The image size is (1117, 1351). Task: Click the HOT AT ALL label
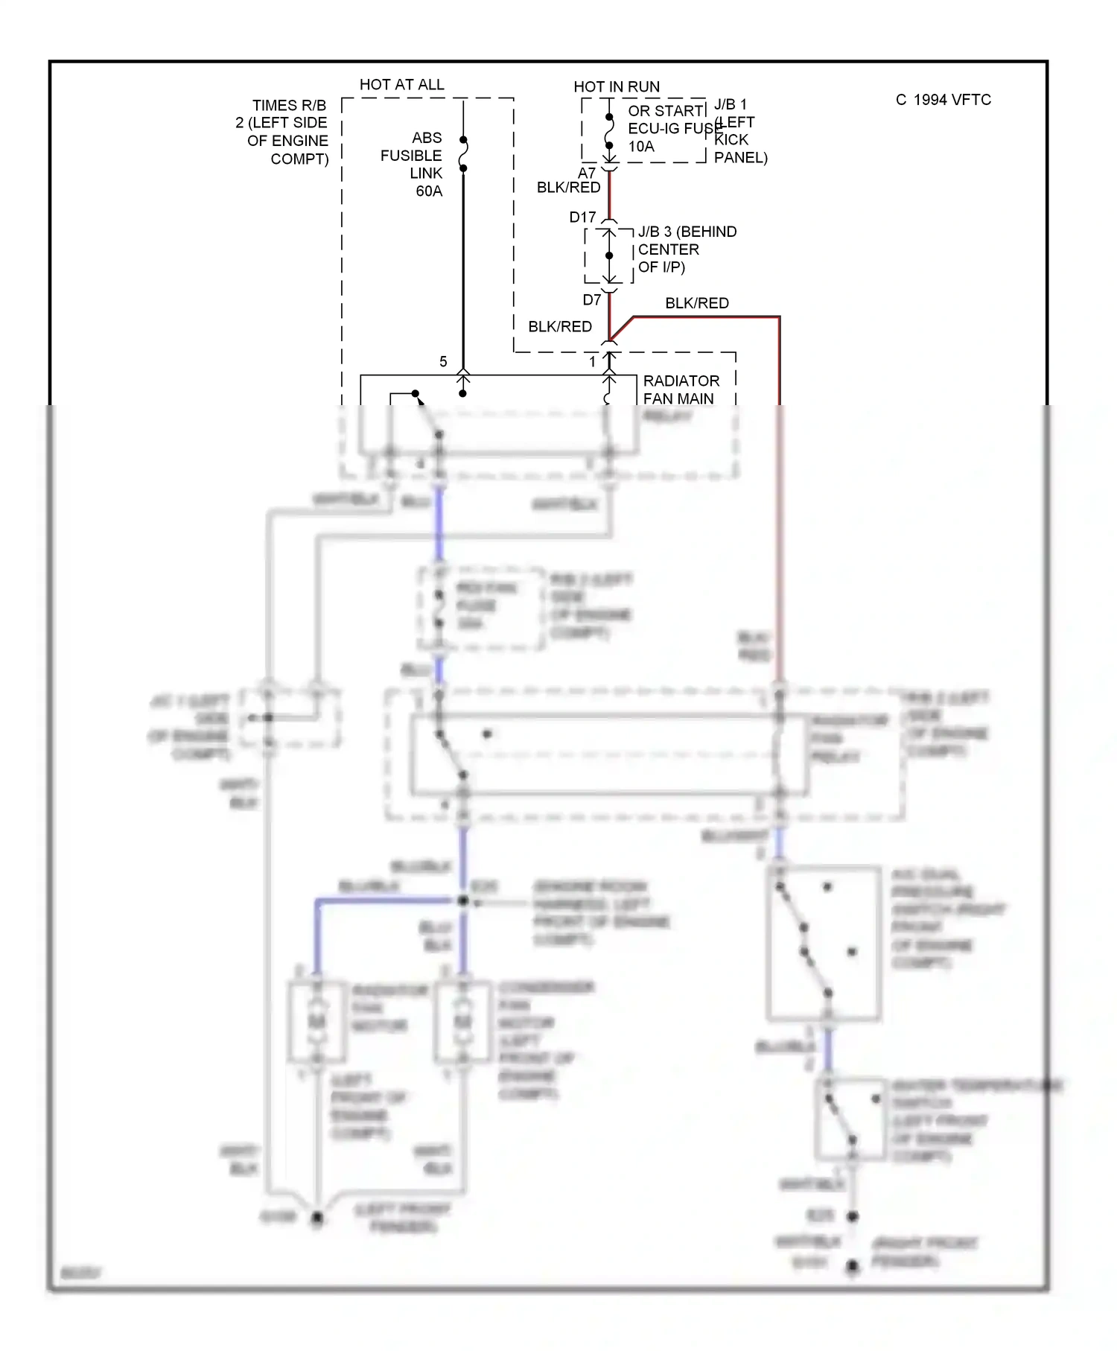pyautogui.click(x=401, y=85)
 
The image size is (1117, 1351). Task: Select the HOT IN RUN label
pyautogui.click(x=617, y=87)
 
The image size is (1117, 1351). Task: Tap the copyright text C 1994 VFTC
pyautogui.click(x=943, y=100)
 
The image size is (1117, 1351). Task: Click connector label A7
pyautogui.click(x=587, y=173)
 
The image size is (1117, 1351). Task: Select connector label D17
pyautogui.click(x=582, y=217)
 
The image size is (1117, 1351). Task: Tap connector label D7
pyautogui.click(x=591, y=300)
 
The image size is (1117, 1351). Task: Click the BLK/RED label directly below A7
pyautogui.click(x=568, y=188)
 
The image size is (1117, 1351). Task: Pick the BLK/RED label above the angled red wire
pyautogui.click(x=696, y=303)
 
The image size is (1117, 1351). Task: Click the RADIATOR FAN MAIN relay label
pyautogui.click(x=680, y=390)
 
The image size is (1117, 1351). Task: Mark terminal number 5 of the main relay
pyautogui.click(x=443, y=362)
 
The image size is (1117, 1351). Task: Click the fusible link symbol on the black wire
pyautogui.click(x=463, y=154)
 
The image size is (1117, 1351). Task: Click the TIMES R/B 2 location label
pyautogui.click(x=284, y=132)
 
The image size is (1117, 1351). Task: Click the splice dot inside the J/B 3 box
pyautogui.click(x=609, y=255)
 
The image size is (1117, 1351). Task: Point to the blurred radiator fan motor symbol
pyautogui.click(x=317, y=1020)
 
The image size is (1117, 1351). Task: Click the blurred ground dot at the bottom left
pyautogui.click(x=317, y=1218)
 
